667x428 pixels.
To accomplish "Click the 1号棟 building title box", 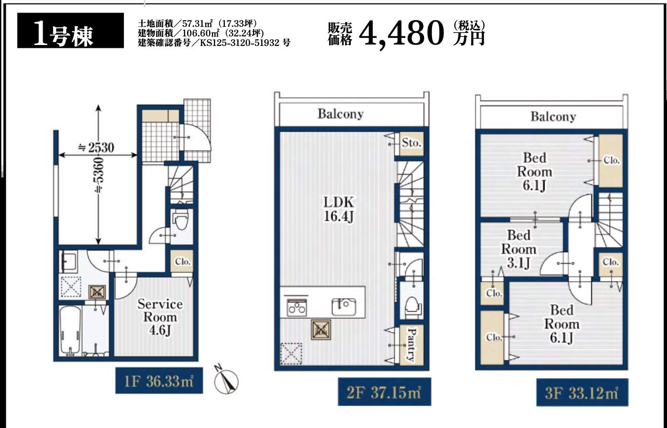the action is point(70,30).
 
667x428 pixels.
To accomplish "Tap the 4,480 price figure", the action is point(402,34).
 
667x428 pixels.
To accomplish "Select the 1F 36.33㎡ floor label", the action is point(159,381).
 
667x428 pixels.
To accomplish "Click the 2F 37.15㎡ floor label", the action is point(384,392).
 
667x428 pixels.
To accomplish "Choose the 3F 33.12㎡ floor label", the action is point(582,393).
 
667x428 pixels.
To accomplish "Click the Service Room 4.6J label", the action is point(160,317).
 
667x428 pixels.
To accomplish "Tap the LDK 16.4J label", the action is point(339,209).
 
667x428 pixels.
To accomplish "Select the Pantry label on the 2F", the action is point(411,345).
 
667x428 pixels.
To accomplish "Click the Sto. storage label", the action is point(411,143).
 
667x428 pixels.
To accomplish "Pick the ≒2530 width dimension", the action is point(96,147).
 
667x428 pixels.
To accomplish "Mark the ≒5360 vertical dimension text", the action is point(99,175).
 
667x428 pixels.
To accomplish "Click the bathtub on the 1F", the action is point(70,331).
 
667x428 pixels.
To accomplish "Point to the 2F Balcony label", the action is point(341,114).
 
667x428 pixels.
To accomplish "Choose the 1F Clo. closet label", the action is point(182,262).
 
